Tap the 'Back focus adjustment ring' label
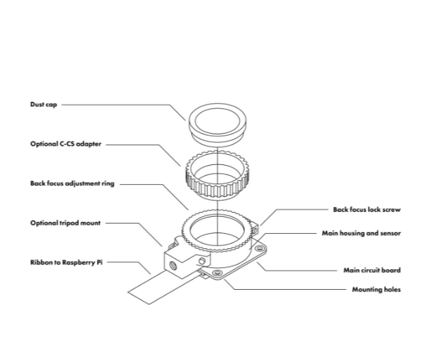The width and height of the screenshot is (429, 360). tap(70, 183)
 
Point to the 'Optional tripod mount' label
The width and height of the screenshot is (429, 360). tap(65, 222)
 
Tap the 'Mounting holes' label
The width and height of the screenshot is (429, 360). tap(376, 289)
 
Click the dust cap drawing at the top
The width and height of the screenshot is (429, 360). tap(215, 122)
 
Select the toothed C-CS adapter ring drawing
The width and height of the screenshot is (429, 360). tap(215, 176)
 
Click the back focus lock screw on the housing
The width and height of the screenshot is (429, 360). tap(254, 230)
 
